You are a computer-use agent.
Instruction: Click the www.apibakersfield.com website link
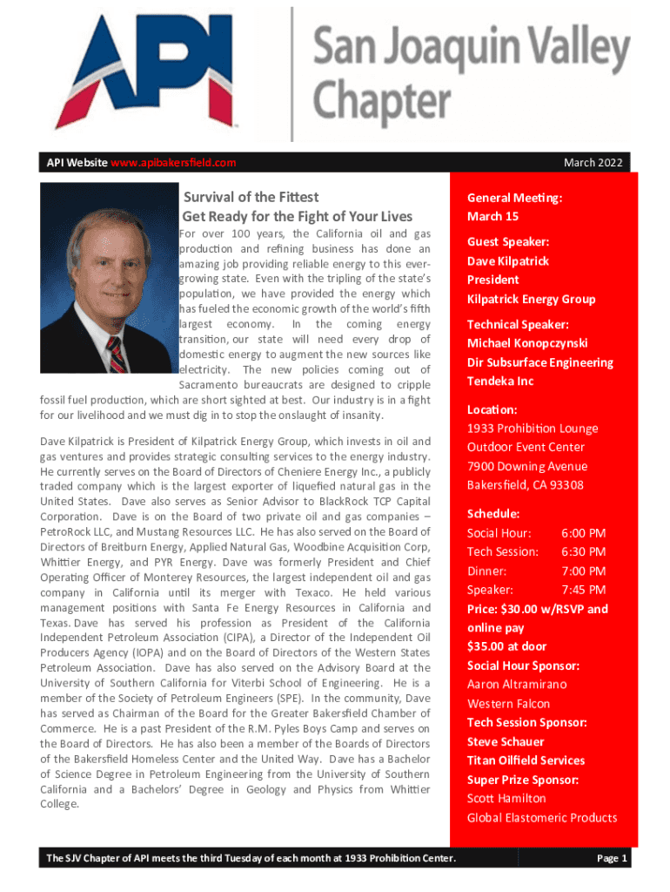click(x=174, y=163)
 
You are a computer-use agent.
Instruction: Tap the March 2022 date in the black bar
click(x=592, y=163)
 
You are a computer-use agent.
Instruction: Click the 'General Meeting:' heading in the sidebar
click(x=514, y=198)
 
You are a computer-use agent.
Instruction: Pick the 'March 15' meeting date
click(x=492, y=216)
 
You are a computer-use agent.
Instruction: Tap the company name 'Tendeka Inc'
click(x=500, y=382)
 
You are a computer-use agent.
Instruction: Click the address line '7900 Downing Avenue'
click(x=526, y=466)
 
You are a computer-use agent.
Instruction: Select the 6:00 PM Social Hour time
click(x=583, y=533)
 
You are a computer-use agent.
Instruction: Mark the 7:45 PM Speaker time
click(x=583, y=590)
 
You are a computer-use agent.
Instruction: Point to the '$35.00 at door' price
click(x=506, y=646)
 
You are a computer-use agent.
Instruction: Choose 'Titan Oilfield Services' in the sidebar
click(x=526, y=760)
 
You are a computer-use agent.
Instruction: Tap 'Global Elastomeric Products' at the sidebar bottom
click(x=542, y=818)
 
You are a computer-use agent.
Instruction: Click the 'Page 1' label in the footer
click(x=612, y=859)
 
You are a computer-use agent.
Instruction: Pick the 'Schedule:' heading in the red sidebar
click(x=493, y=514)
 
